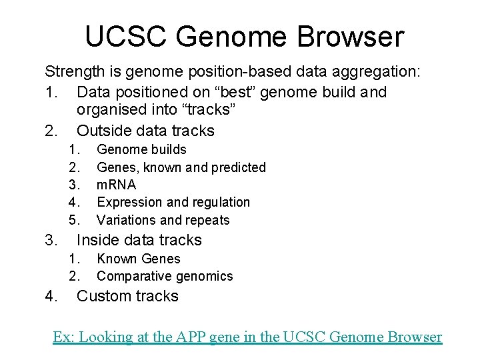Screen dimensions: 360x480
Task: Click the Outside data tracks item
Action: coord(145,130)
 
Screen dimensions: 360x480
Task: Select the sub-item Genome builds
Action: coord(141,149)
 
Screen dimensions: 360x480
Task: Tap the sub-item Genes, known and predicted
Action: coord(181,167)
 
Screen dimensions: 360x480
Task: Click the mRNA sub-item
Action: coord(116,185)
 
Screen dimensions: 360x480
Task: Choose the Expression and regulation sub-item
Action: coord(173,202)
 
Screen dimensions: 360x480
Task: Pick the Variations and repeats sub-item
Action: coord(163,220)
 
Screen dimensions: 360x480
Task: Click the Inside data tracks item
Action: coord(139,240)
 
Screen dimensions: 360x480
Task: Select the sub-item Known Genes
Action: coord(139,259)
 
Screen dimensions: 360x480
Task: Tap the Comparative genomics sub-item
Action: coord(165,276)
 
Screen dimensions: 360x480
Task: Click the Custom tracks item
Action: coord(127,296)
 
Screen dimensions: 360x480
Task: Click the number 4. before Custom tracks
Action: coord(52,296)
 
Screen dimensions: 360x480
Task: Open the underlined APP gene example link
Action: coord(247,337)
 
